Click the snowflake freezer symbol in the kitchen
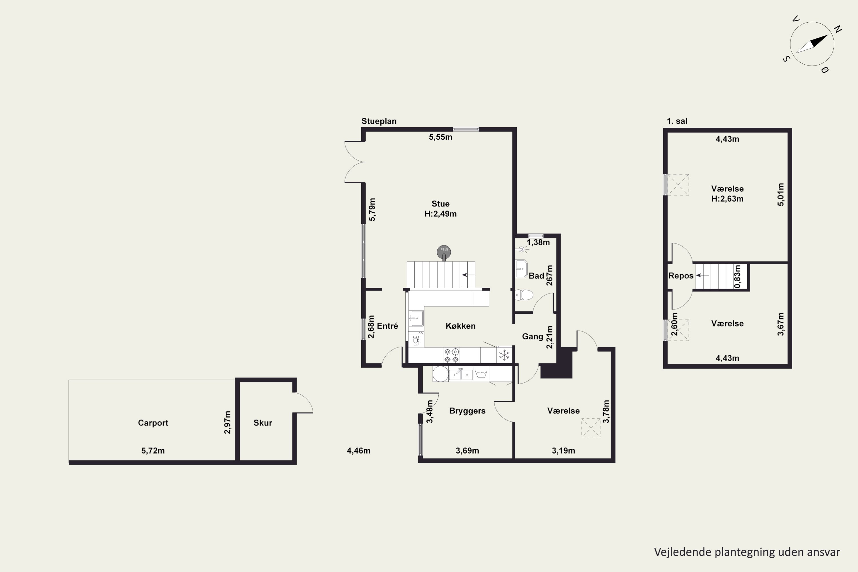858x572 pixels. [504, 355]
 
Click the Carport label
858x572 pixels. [153, 423]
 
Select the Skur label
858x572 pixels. [263, 423]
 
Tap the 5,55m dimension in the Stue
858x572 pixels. [440, 137]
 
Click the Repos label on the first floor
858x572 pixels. [681, 276]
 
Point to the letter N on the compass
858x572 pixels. [838, 29]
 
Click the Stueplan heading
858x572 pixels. [379, 121]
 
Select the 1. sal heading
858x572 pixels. [677, 121]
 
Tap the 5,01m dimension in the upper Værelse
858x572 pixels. [780, 194]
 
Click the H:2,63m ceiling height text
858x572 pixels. [727, 199]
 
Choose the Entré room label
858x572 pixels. [388, 326]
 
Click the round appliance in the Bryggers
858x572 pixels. [440, 374]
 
